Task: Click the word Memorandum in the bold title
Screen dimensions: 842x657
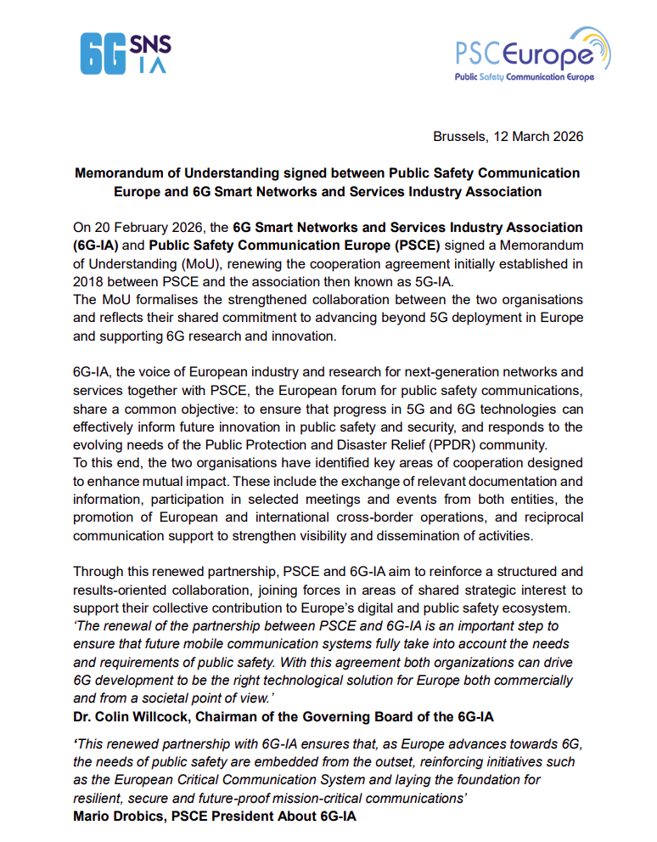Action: (x=118, y=173)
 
